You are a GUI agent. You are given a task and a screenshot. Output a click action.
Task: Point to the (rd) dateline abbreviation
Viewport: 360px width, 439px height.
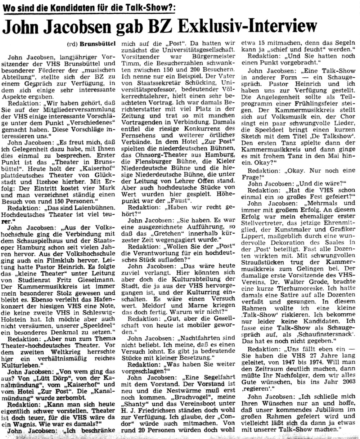coord(72,44)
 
